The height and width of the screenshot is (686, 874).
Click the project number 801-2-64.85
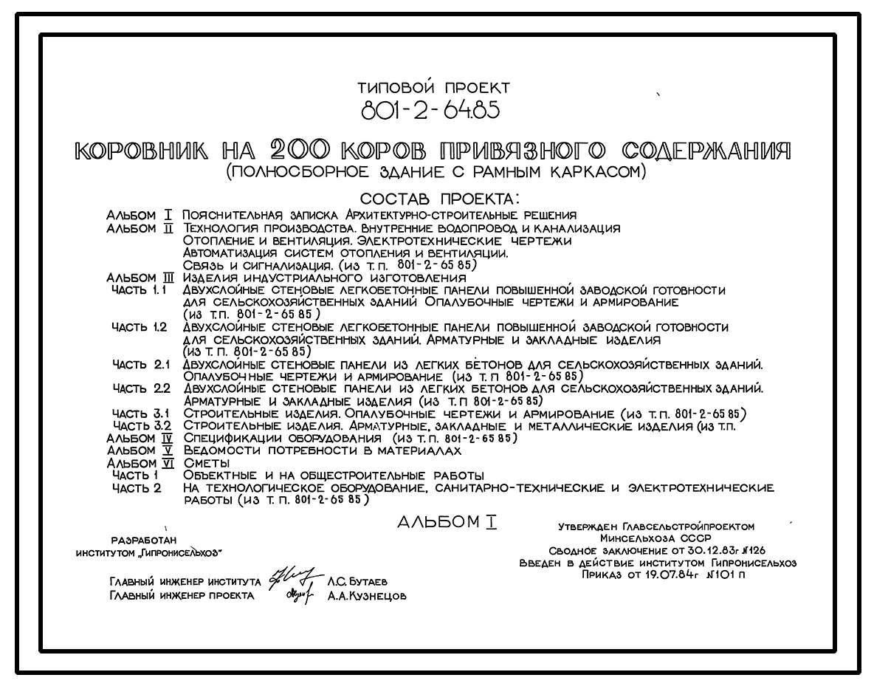(429, 111)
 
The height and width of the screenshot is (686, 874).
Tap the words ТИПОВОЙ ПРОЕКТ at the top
(433, 89)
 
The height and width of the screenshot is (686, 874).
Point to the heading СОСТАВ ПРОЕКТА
(439, 199)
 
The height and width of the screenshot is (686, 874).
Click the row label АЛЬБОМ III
(140, 278)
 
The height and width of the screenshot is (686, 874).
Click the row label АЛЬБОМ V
(140, 450)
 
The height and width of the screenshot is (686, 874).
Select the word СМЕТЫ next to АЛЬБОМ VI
(207, 463)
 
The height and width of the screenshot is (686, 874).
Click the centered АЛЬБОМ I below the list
(447, 523)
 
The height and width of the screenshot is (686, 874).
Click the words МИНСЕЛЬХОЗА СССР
(656, 539)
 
